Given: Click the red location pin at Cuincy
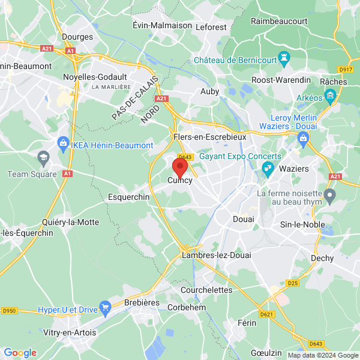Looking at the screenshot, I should [x=180, y=166].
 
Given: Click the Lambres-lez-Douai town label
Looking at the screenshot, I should [x=211, y=256].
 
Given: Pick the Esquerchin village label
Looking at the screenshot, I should [x=128, y=197].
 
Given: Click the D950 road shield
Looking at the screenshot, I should [x=9, y=311].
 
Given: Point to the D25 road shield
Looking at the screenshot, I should [x=292, y=282].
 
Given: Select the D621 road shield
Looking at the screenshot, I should [x=267, y=314].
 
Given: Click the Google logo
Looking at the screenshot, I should [x=20, y=352].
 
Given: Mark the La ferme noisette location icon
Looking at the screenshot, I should [x=329, y=194].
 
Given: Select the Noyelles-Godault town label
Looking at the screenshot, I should [x=95, y=77].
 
